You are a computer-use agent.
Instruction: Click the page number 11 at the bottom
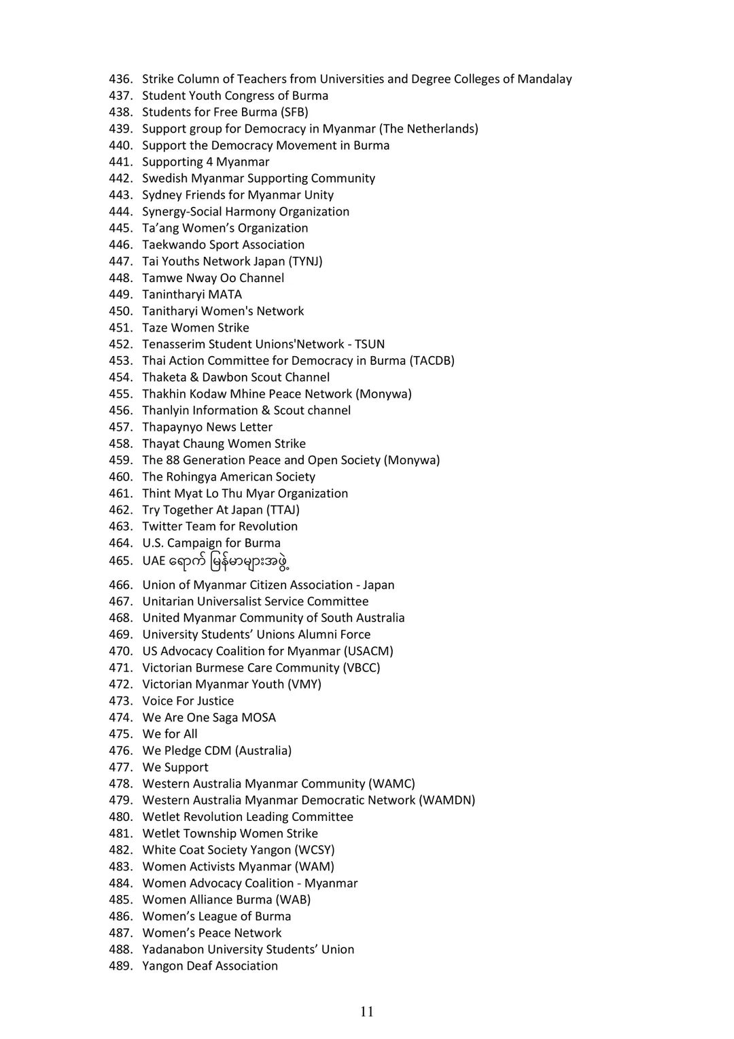tap(367, 1012)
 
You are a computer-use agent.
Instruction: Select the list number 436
tap(120, 79)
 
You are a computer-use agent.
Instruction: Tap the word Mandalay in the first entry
tap(544, 79)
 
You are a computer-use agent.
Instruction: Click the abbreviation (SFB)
tap(294, 112)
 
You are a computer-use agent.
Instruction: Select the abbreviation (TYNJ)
tap(305, 261)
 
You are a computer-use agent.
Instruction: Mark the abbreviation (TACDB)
tap(432, 360)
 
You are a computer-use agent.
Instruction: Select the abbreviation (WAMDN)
tap(447, 800)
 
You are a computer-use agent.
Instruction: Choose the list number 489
tap(120, 966)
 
